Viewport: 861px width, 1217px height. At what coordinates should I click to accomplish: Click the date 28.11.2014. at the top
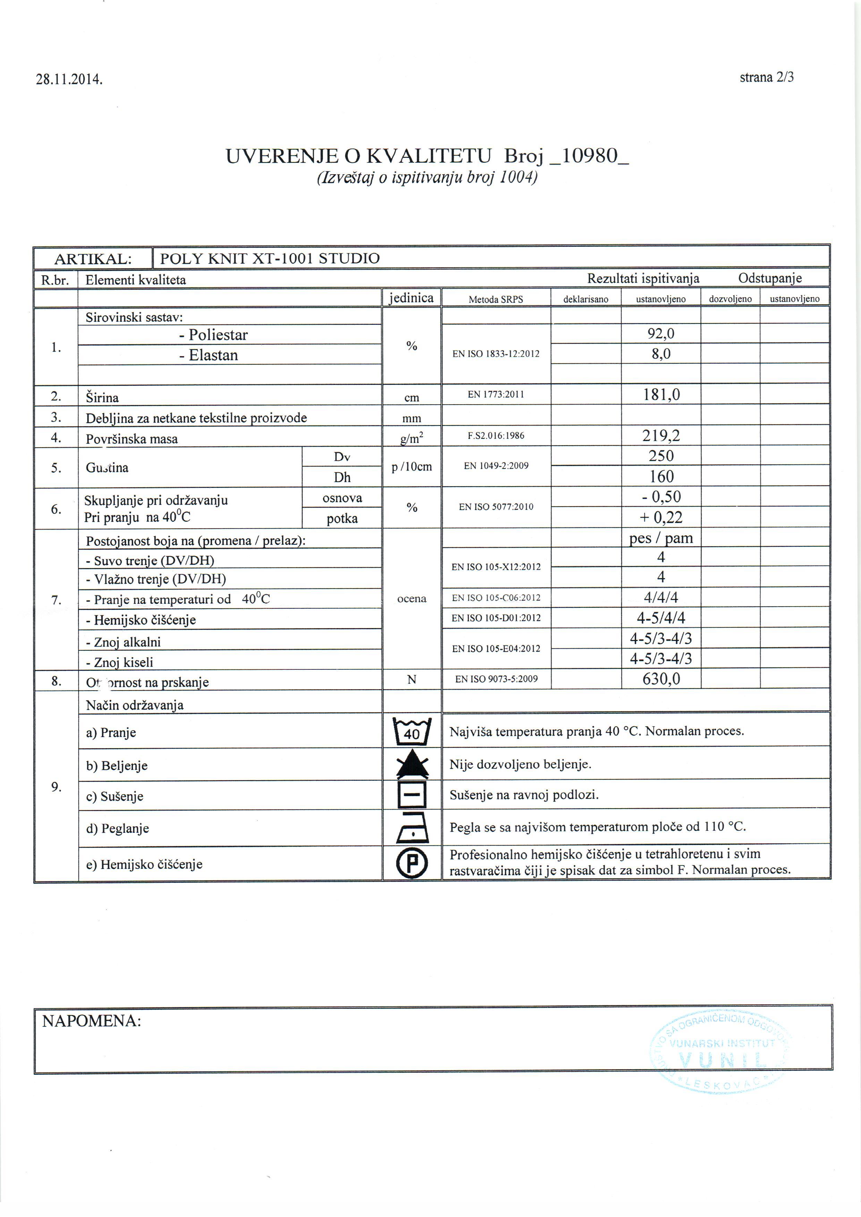(x=69, y=79)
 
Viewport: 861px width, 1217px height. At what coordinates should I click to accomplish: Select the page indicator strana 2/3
(x=767, y=77)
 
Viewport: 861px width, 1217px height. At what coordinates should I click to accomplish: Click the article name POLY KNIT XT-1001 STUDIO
(x=270, y=259)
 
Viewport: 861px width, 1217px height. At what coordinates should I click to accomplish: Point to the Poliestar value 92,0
(x=661, y=333)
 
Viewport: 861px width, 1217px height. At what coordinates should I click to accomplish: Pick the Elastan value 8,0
(x=661, y=354)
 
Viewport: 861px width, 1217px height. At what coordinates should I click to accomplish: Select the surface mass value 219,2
(x=661, y=436)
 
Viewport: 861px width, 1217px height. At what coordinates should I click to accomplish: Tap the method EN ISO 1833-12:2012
(x=496, y=354)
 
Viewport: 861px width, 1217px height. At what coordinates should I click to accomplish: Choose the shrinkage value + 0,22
(x=661, y=517)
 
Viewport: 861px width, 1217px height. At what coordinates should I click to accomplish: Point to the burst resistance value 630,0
(x=661, y=679)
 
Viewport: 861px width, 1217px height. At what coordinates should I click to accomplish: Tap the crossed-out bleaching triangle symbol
(x=412, y=764)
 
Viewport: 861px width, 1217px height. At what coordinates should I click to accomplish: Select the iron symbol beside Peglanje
(x=412, y=828)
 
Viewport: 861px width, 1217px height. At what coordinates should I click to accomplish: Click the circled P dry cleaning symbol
(x=412, y=863)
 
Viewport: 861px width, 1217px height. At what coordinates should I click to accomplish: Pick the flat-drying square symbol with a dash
(x=412, y=795)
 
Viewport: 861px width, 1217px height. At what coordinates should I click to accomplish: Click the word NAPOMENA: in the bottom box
(x=92, y=1021)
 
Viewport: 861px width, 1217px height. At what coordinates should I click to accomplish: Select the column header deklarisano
(x=585, y=299)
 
